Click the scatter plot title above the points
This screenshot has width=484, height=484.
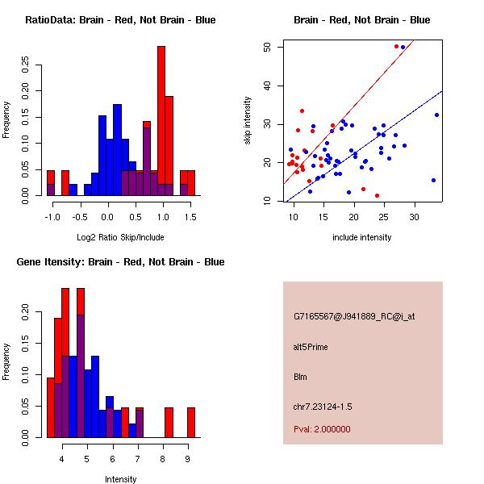(x=361, y=19)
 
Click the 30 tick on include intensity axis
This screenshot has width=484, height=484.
(x=414, y=216)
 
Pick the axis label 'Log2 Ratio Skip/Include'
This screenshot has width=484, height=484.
(x=119, y=237)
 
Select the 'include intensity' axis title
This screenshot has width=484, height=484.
(x=361, y=237)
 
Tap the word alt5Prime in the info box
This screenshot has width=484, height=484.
(x=311, y=347)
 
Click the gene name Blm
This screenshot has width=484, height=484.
(x=300, y=377)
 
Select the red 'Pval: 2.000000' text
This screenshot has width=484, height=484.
(x=322, y=429)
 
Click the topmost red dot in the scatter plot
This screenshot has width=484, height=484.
(x=396, y=47)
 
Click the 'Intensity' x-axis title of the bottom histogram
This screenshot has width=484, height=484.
(x=121, y=479)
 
